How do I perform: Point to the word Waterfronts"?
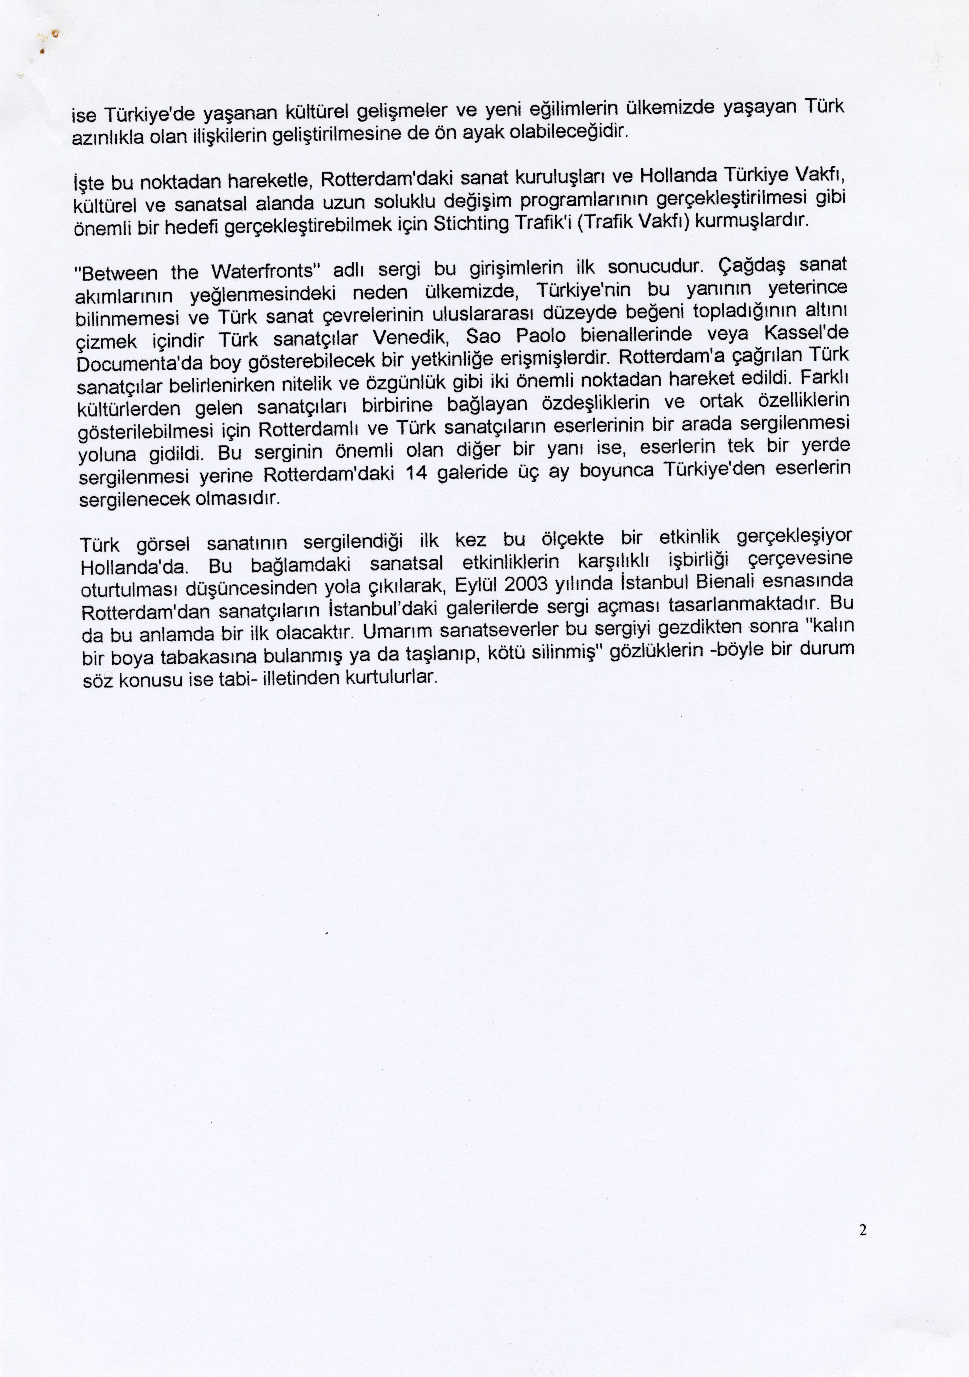coord(263,271)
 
